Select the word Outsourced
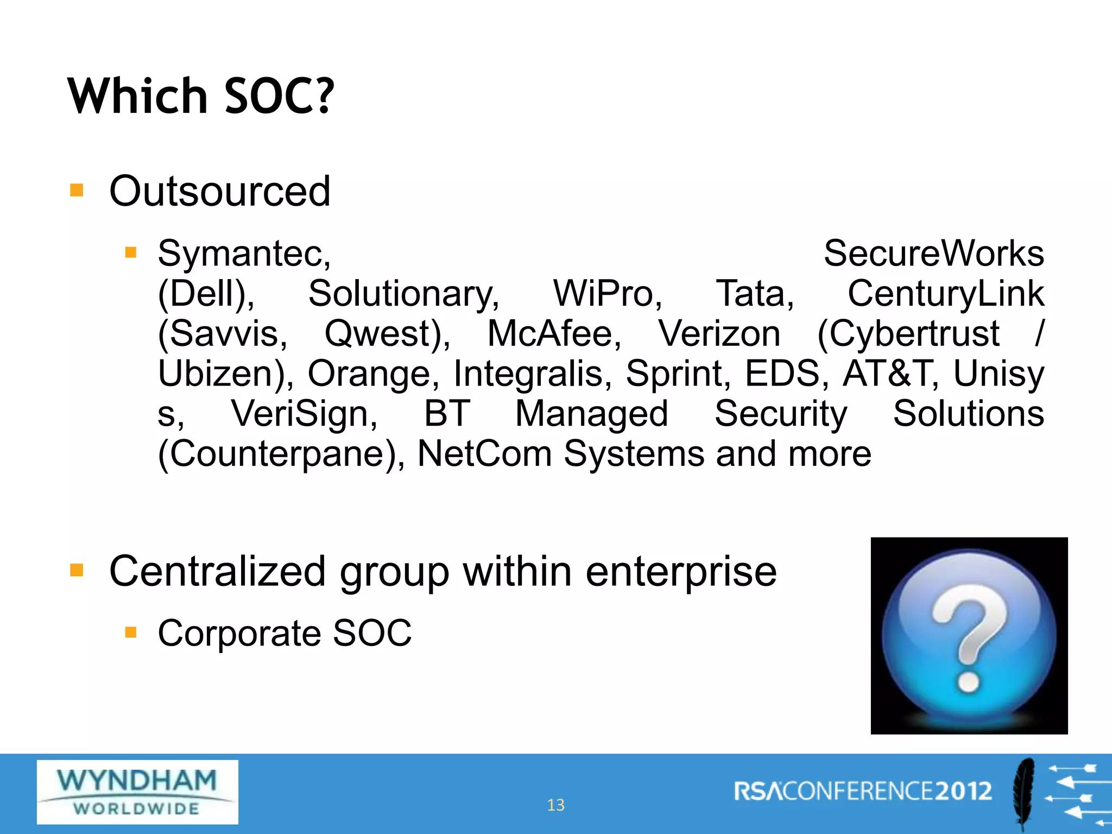click(x=220, y=192)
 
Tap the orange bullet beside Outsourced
click(x=77, y=191)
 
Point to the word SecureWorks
click(x=933, y=254)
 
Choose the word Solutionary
click(x=403, y=294)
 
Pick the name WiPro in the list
click(x=607, y=294)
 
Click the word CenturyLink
click(x=945, y=294)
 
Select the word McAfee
click(x=554, y=333)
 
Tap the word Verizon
click(x=719, y=333)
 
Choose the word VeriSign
click(x=304, y=414)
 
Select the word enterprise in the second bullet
click(x=681, y=572)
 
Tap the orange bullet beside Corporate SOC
click(x=130, y=632)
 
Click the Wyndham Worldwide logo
click(x=137, y=792)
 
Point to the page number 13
click(x=555, y=805)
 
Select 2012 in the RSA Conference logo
click(x=963, y=791)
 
